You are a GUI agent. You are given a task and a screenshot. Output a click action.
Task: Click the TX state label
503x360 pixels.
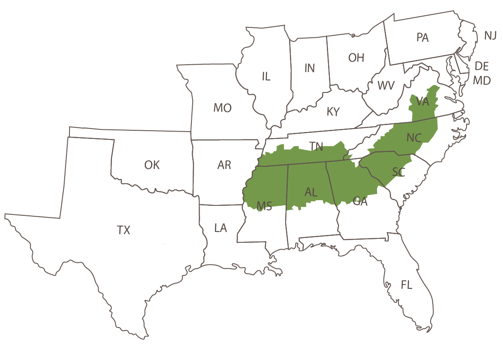click(x=124, y=230)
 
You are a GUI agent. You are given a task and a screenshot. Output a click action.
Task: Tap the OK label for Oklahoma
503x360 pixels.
click(x=152, y=165)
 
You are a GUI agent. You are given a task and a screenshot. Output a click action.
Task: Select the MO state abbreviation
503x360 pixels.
click(x=222, y=108)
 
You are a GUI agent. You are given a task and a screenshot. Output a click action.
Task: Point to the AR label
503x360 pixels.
click(x=224, y=165)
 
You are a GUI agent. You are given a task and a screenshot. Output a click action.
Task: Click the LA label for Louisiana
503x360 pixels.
click(x=220, y=228)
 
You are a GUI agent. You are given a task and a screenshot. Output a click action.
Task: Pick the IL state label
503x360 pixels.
click(x=266, y=77)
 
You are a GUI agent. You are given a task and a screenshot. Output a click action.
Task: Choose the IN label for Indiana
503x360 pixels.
click(x=309, y=68)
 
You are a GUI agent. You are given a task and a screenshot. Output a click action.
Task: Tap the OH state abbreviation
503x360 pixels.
click(x=356, y=58)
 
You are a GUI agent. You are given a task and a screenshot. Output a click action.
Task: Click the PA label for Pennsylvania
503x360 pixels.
click(x=422, y=38)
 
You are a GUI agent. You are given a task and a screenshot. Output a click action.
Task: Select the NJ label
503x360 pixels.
click(x=490, y=36)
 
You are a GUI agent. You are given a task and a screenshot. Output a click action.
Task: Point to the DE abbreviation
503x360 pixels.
click(x=482, y=66)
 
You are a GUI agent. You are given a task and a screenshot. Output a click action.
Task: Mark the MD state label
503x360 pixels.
click(x=482, y=81)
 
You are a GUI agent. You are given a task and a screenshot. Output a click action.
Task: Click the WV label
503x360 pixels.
click(x=386, y=85)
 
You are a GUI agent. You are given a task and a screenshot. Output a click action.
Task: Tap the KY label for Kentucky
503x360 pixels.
click(x=333, y=112)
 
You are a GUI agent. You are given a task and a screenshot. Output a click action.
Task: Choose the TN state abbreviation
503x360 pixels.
click(x=316, y=146)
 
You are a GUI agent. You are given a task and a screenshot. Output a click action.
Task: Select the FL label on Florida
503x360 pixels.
click(x=407, y=285)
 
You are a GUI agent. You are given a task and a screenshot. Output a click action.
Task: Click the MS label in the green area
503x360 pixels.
click(x=264, y=206)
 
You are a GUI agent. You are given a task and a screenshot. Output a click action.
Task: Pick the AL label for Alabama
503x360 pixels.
click(x=311, y=192)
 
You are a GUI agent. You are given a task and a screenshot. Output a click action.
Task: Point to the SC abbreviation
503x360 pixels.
click(x=398, y=172)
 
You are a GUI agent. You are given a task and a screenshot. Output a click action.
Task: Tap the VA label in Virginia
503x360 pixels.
click(x=422, y=102)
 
